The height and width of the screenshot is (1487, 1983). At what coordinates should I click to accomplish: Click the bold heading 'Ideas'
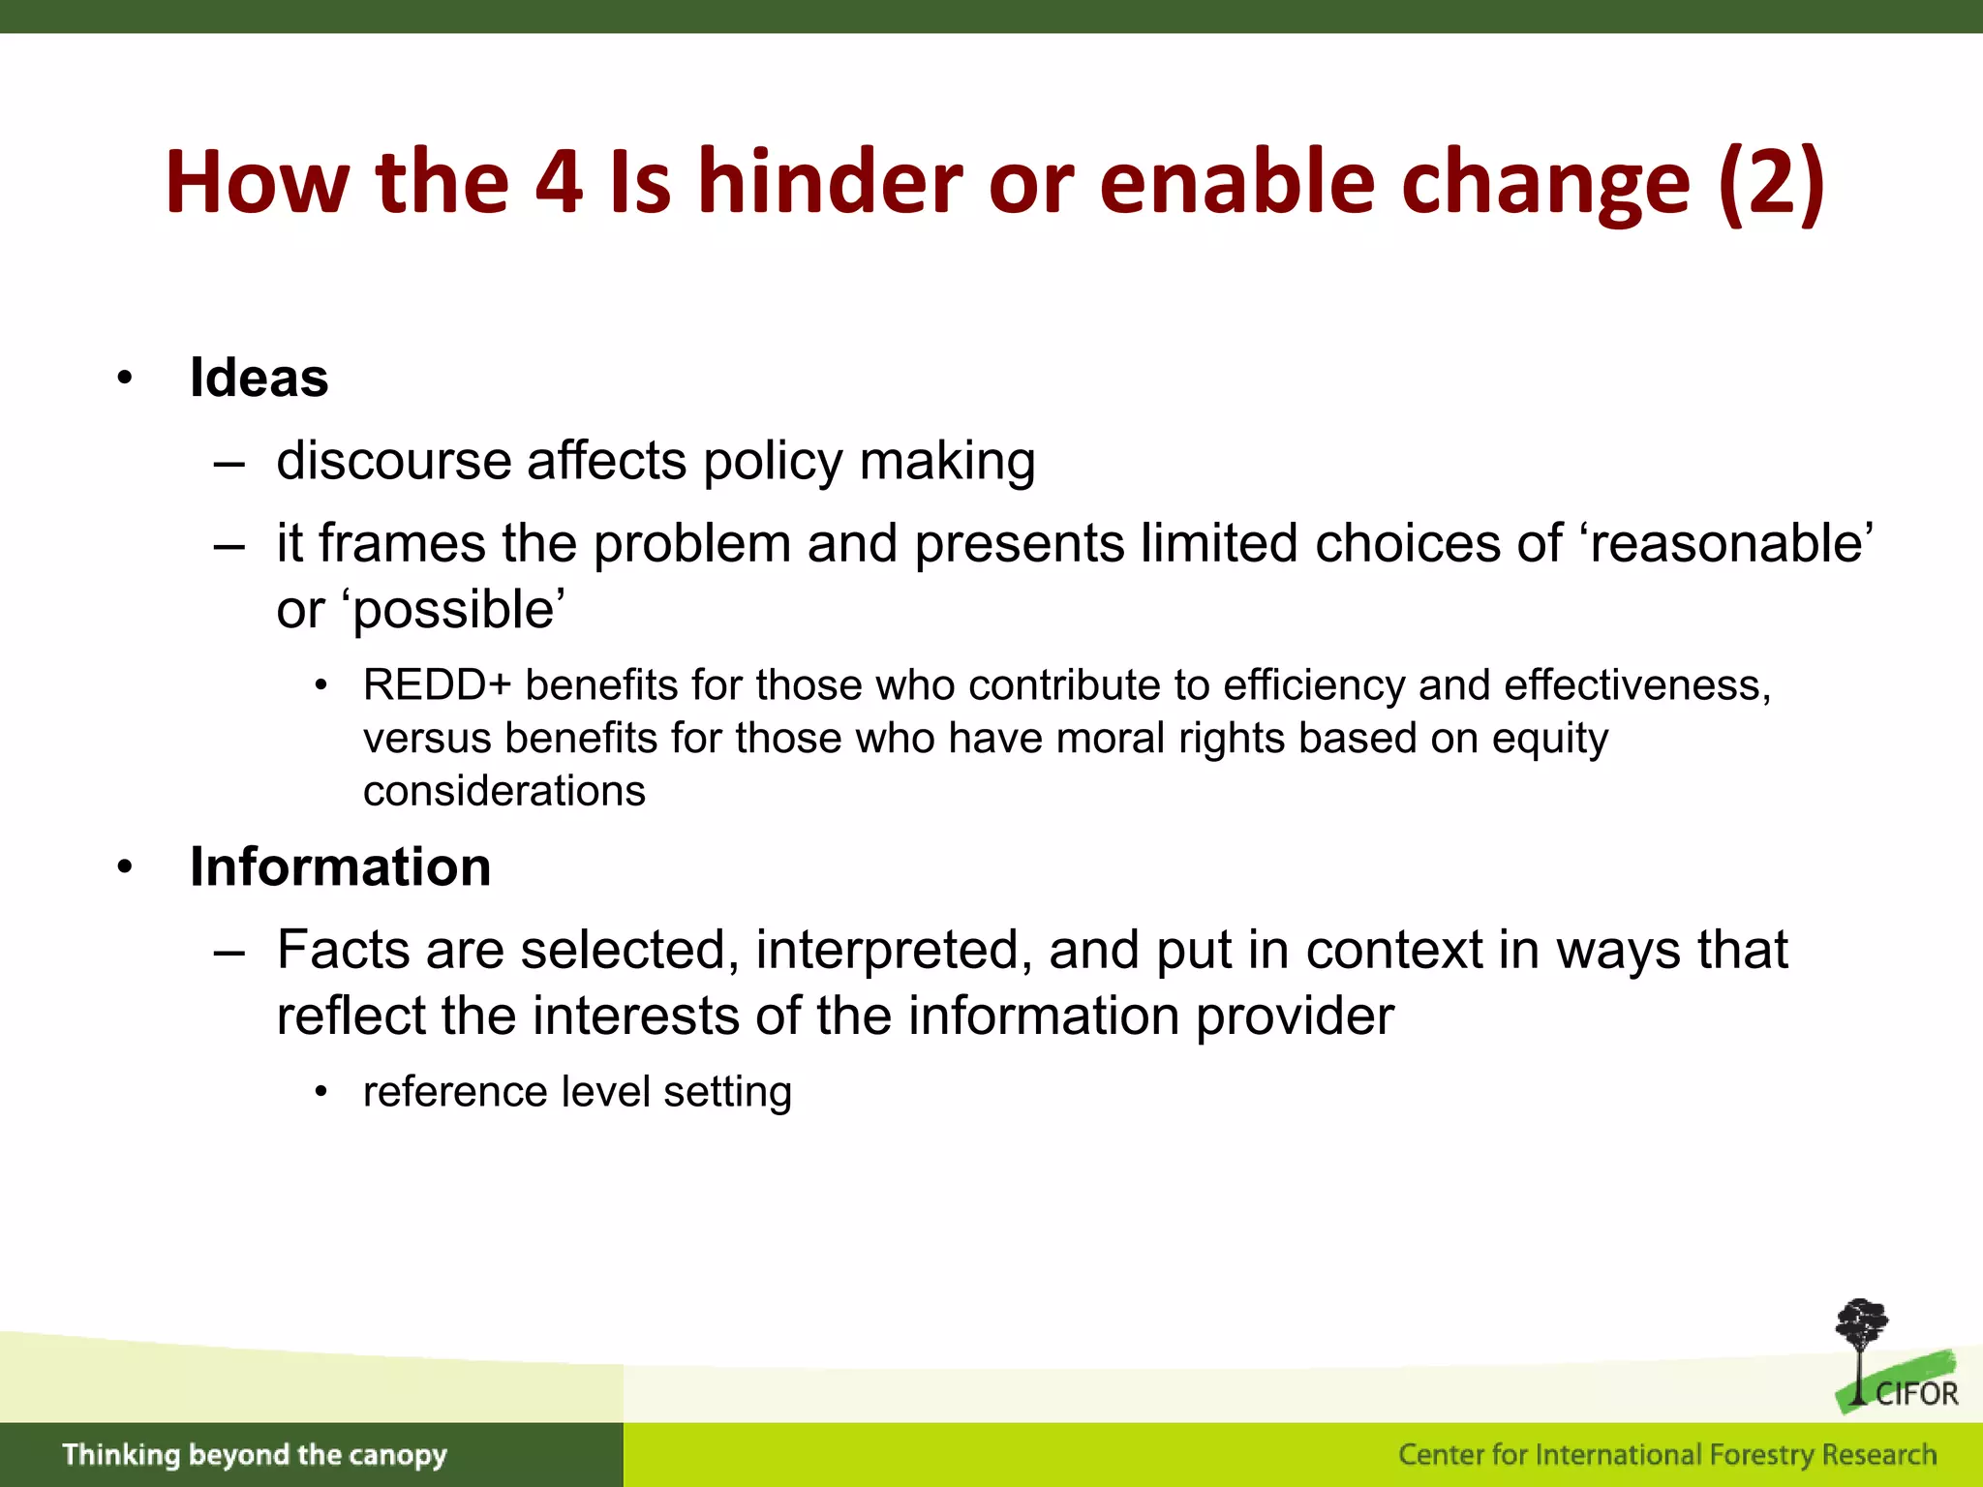[259, 378]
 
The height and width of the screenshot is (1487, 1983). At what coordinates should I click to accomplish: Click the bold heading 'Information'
[340, 866]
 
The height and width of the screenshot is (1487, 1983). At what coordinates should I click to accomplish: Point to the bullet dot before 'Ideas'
[124, 379]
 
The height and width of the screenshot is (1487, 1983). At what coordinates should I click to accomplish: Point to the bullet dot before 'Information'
[124, 867]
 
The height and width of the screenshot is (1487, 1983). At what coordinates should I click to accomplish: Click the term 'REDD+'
[436, 685]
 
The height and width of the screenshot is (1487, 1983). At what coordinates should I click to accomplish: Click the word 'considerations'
[503, 791]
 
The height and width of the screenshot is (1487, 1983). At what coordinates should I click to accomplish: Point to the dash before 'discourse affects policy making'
[229, 463]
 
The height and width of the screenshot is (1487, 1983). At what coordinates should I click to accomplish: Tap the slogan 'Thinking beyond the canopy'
[255, 1455]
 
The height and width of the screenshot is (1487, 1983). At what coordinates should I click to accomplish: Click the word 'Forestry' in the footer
[1761, 1455]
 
